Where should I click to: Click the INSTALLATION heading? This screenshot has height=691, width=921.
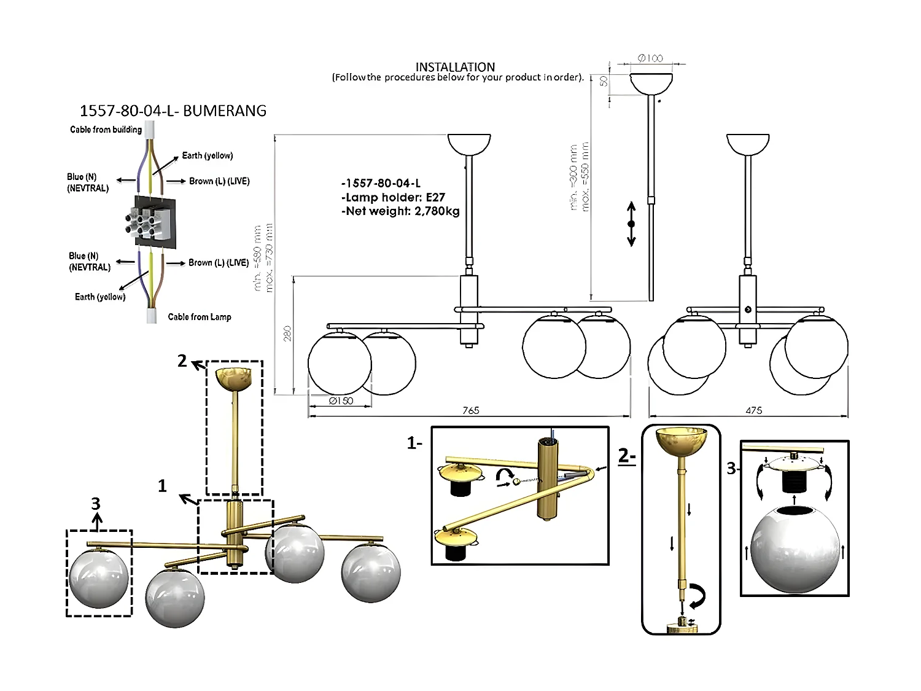(455, 67)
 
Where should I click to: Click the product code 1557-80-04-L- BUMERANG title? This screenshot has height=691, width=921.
(173, 111)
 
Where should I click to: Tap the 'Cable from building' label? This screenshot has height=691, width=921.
(106, 130)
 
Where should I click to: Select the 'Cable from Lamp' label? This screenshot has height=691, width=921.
(200, 317)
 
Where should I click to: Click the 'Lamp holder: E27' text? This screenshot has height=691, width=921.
(393, 197)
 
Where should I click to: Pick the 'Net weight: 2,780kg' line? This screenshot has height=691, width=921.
(400, 211)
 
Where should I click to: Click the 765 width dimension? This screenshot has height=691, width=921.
(470, 410)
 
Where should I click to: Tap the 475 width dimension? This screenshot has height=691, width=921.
(753, 410)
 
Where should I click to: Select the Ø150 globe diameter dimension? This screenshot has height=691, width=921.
(341, 400)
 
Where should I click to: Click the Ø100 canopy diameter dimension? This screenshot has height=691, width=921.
(650, 58)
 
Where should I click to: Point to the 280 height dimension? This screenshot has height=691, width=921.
(287, 334)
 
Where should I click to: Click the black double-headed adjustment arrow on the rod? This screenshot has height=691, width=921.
(631, 224)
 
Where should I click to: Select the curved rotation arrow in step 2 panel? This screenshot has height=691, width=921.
(697, 595)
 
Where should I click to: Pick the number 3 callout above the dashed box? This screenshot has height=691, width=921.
(96, 504)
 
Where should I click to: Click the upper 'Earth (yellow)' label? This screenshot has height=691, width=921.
(208, 155)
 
